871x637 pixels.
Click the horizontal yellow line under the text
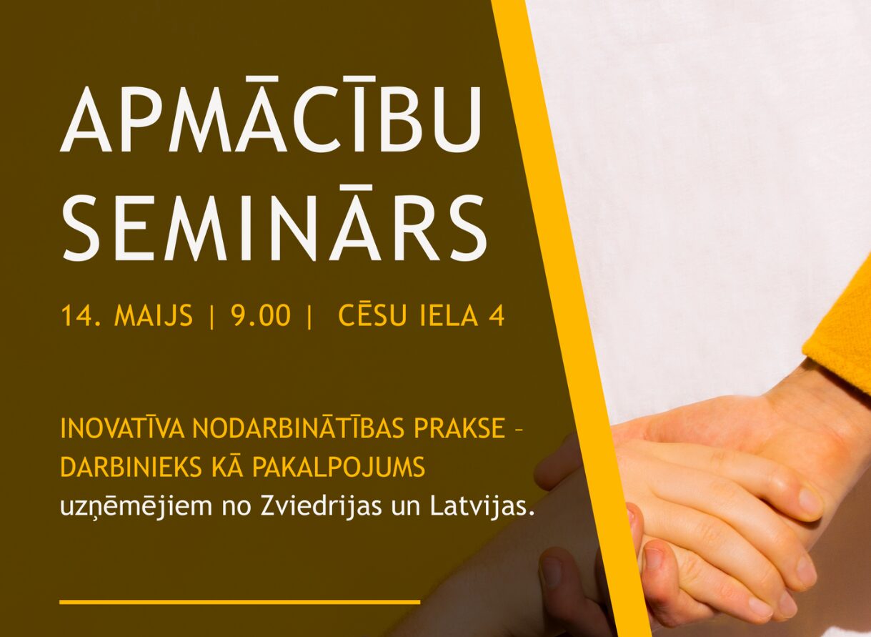click(240, 601)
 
